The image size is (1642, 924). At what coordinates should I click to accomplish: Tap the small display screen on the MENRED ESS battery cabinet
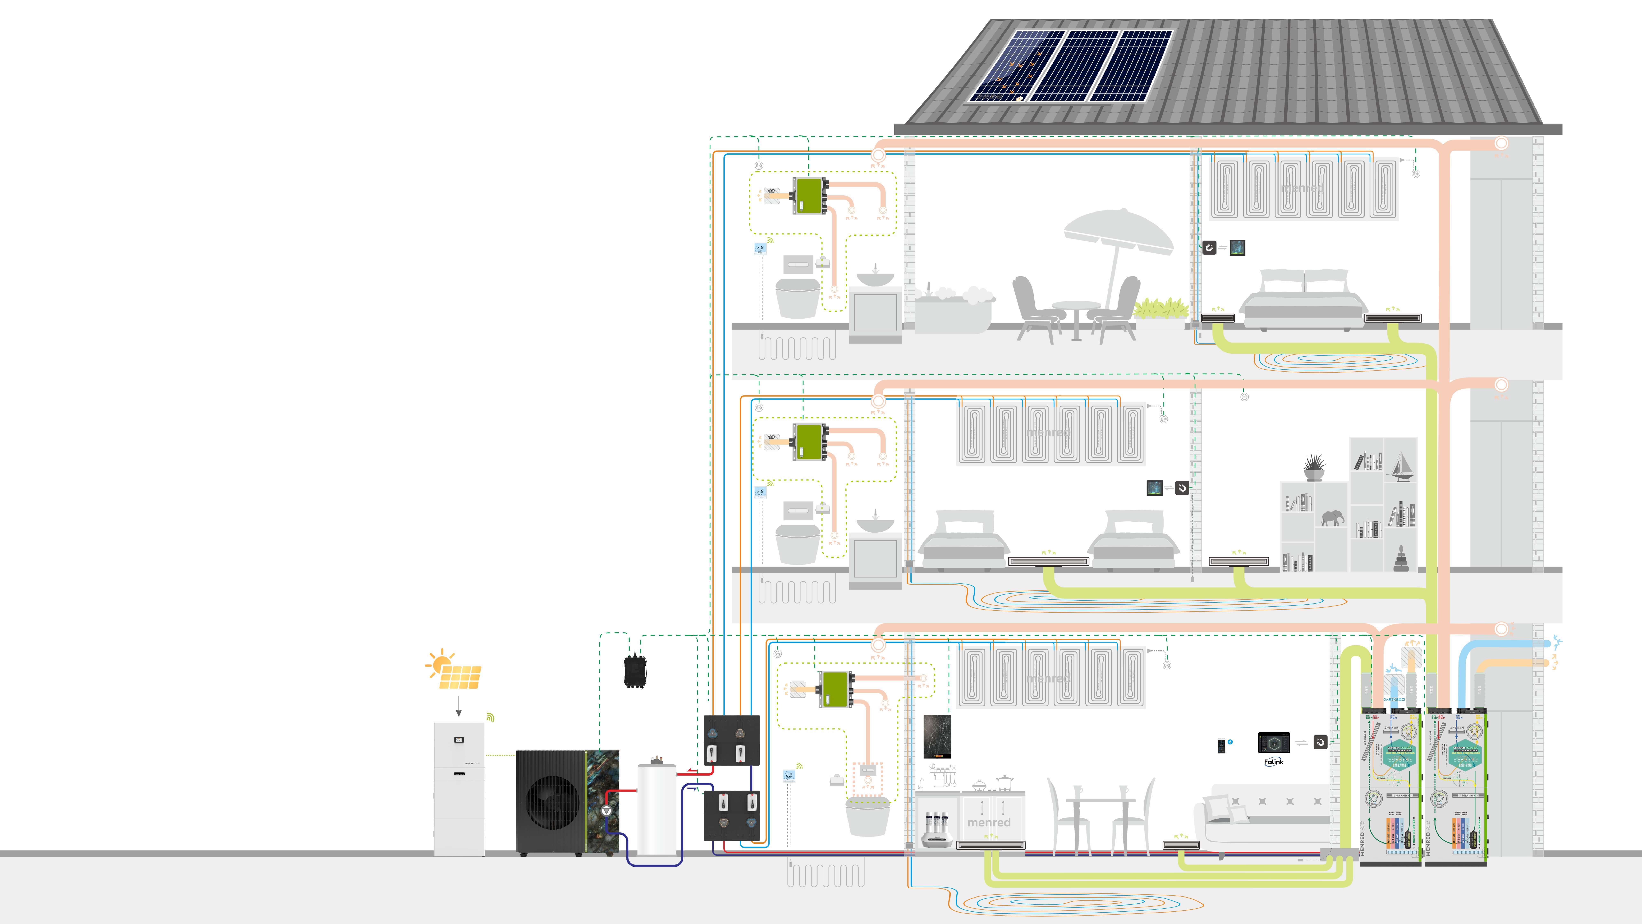point(459,740)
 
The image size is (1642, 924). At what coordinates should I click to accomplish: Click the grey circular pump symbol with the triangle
point(606,810)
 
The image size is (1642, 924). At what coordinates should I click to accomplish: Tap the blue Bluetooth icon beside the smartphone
point(1230,742)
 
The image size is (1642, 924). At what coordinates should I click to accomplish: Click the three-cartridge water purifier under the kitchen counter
point(937,829)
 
